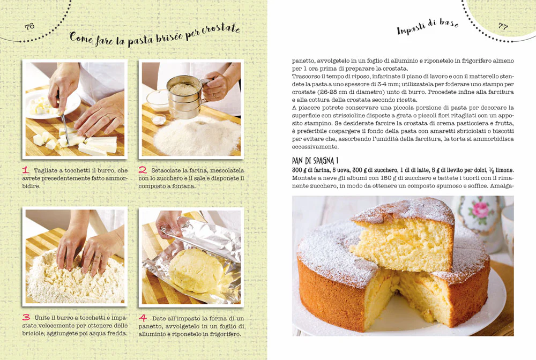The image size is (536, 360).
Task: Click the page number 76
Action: point(29,27)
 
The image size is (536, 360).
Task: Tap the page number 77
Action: point(503,26)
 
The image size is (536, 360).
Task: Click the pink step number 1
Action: point(26,170)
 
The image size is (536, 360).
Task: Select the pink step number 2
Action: point(143,170)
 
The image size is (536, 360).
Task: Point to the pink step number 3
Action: point(26,318)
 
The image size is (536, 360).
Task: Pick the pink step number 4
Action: point(143,318)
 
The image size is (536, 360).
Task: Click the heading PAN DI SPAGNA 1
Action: point(315,161)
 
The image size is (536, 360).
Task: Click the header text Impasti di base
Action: point(428,26)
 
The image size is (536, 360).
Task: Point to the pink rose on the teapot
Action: point(480,209)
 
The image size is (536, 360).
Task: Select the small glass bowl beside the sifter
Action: point(158,100)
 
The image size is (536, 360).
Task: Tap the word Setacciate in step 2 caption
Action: point(166,170)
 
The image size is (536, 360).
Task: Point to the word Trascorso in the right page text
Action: point(306,77)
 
